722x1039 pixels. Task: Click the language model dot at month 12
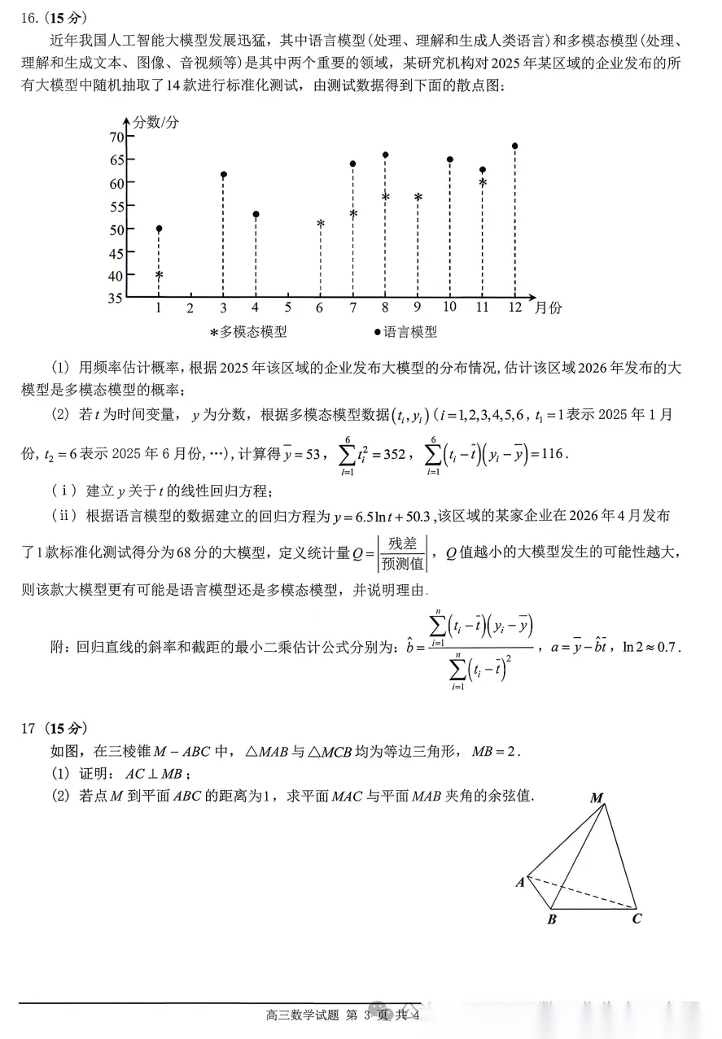(x=514, y=146)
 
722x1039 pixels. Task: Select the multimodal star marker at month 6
(x=321, y=224)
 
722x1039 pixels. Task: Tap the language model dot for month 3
(x=223, y=175)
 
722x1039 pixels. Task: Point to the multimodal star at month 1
(x=159, y=276)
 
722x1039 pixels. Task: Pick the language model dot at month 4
(x=256, y=215)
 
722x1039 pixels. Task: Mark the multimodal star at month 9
(x=418, y=198)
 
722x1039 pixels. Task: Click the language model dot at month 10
(x=449, y=159)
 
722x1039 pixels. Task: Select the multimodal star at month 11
(x=483, y=183)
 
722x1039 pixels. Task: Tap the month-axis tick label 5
(x=287, y=308)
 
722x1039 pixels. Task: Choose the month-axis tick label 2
(x=190, y=308)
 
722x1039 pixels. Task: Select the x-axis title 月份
(x=548, y=308)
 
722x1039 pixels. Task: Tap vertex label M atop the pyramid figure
(x=597, y=798)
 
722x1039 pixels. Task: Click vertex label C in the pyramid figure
(x=637, y=919)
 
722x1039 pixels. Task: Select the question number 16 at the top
(x=30, y=18)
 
